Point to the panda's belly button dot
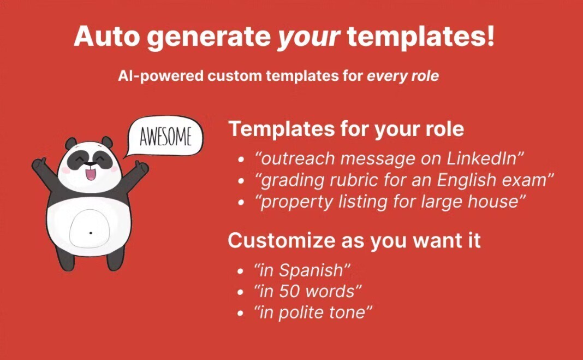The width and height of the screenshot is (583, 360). (x=91, y=233)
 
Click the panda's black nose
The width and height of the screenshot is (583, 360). (x=91, y=163)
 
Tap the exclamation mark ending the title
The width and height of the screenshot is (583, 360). (x=490, y=35)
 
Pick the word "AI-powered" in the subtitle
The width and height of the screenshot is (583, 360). (x=161, y=76)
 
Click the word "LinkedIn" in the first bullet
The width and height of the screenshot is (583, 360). (x=485, y=158)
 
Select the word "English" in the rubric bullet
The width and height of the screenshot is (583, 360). (x=467, y=180)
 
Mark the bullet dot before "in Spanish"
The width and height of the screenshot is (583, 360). (x=241, y=272)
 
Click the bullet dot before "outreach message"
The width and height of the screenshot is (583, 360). (x=241, y=160)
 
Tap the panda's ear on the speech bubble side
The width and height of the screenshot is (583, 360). (x=107, y=142)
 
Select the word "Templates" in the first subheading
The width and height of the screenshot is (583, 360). (x=282, y=129)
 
